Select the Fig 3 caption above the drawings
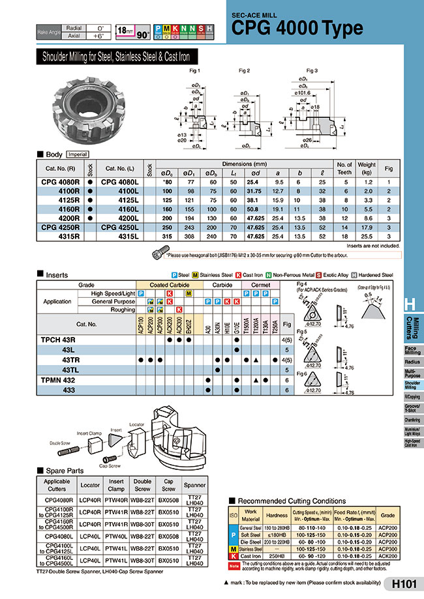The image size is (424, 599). (312, 70)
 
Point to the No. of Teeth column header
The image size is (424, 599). (344, 168)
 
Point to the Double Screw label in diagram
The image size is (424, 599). (59, 443)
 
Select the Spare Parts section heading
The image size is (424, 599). (63, 470)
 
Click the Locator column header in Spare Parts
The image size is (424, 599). (89, 486)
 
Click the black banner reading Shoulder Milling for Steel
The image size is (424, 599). (117, 57)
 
